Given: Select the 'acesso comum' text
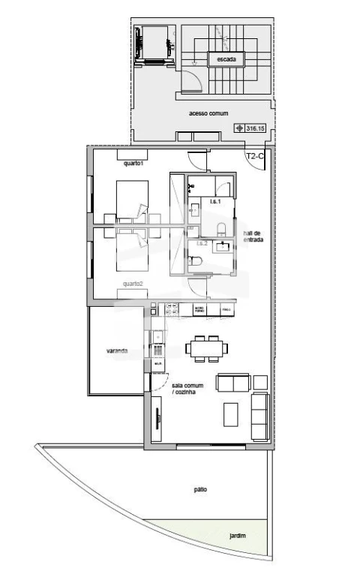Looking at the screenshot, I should click(202, 113).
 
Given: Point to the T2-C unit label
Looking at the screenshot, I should click(256, 157).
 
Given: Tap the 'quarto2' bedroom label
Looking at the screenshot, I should click(134, 284).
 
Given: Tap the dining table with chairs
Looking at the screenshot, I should click(207, 348).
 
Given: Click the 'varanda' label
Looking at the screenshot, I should click(116, 350).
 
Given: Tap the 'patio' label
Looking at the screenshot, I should click(200, 489).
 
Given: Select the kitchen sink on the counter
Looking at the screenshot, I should click(157, 336).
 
